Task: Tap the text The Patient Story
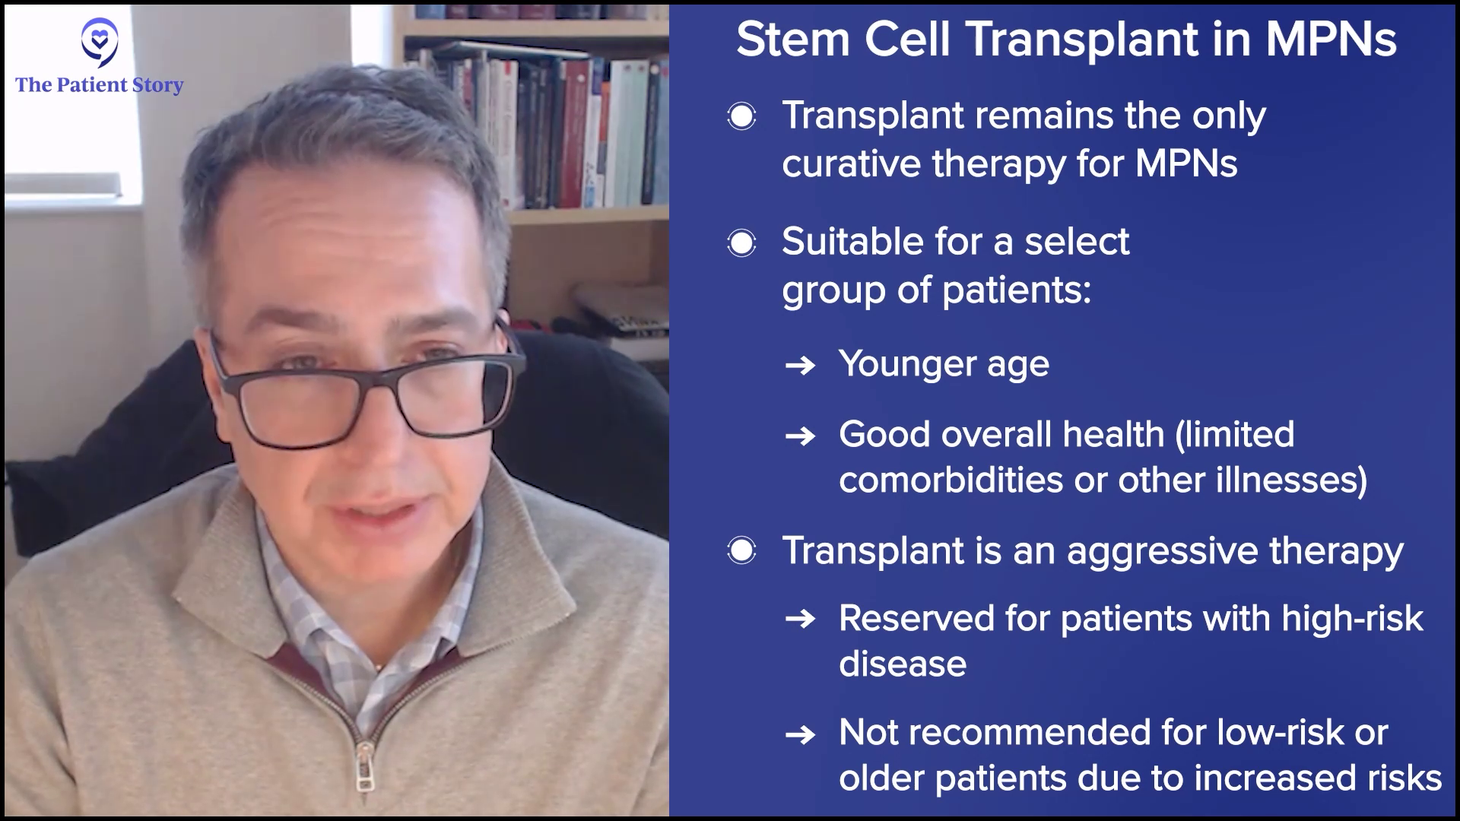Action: click(100, 84)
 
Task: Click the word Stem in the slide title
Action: click(793, 39)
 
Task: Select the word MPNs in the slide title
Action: click(1331, 39)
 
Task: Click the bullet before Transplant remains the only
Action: click(741, 116)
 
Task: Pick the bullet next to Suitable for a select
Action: click(741, 243)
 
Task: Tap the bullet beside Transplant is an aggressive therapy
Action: click(741, 551)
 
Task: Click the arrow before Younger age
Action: click(800, 366)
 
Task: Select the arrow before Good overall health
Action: click(800, 436)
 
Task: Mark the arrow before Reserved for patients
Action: click(800, 620)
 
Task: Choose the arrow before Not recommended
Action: click(800, 734)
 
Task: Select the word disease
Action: click(903, 664)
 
